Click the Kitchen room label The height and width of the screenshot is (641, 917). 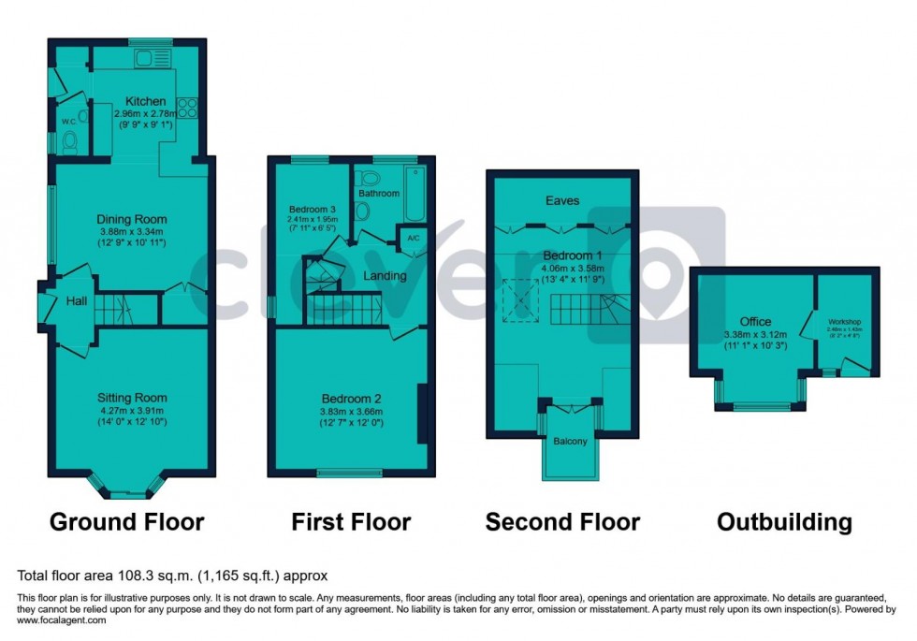(146, 101)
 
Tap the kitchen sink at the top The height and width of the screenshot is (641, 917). (149, 59)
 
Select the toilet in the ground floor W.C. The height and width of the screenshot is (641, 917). (68, 143)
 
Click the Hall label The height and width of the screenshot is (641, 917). (77, 301)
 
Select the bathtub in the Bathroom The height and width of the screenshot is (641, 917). (415, 194)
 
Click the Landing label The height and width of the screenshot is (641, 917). (385, 276)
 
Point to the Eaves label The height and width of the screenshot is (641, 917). (563, 200)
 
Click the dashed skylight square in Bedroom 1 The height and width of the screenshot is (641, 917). (517, 299)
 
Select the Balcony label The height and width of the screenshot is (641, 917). (570, 441)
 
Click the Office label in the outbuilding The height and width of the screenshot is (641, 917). (755, 322)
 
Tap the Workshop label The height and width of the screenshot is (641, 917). (843, 323)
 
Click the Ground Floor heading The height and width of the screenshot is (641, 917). (126, 521)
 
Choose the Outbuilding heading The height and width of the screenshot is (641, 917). (784, 521)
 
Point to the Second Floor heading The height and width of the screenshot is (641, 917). (562, 521)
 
